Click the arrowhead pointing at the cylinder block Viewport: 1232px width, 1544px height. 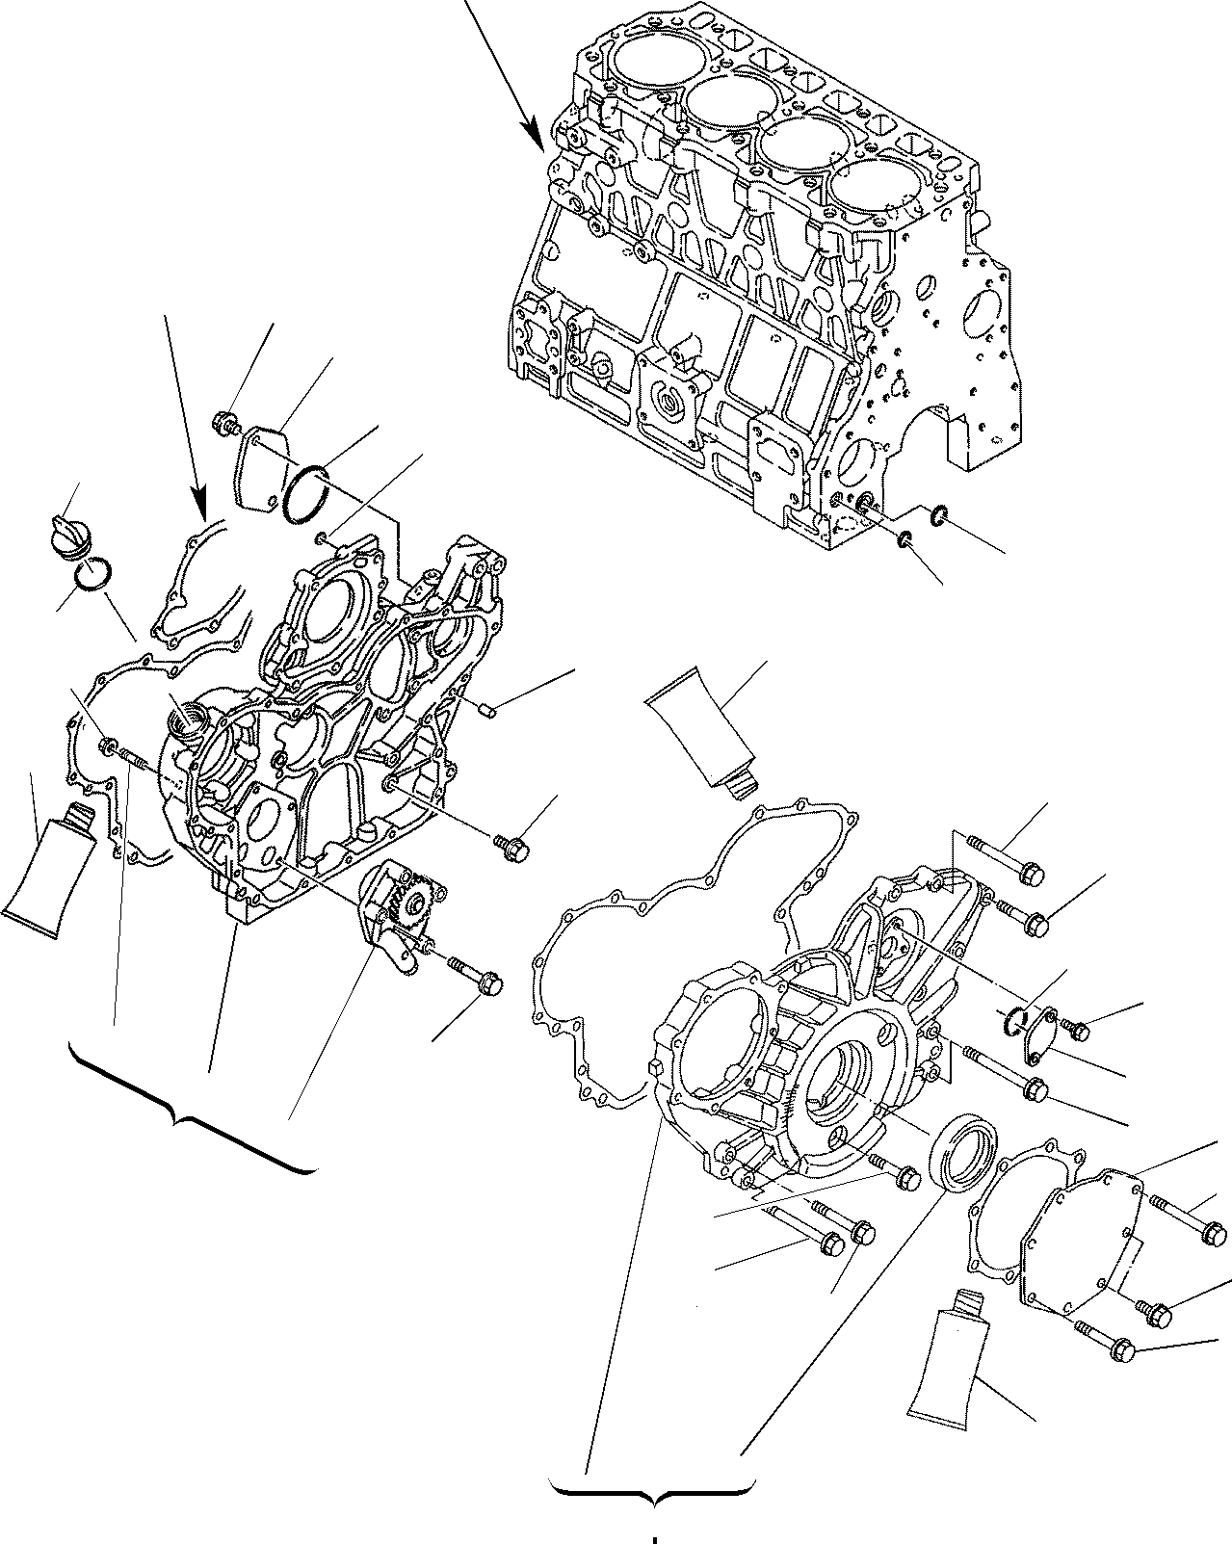pos(534,135)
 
